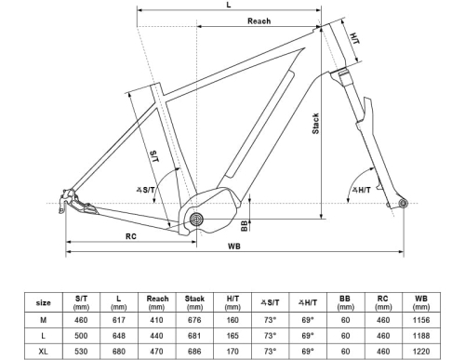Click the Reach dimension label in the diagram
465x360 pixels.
click(259, 20)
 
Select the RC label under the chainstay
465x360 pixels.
click(133, 236)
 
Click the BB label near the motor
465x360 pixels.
click(244, 224)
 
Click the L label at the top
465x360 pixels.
click(229, 6)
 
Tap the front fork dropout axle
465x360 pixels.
click(404, 202)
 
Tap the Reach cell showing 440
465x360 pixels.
click(157, 335)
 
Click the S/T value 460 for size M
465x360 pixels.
click(81, 319)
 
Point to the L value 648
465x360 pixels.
click(118, 335)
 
